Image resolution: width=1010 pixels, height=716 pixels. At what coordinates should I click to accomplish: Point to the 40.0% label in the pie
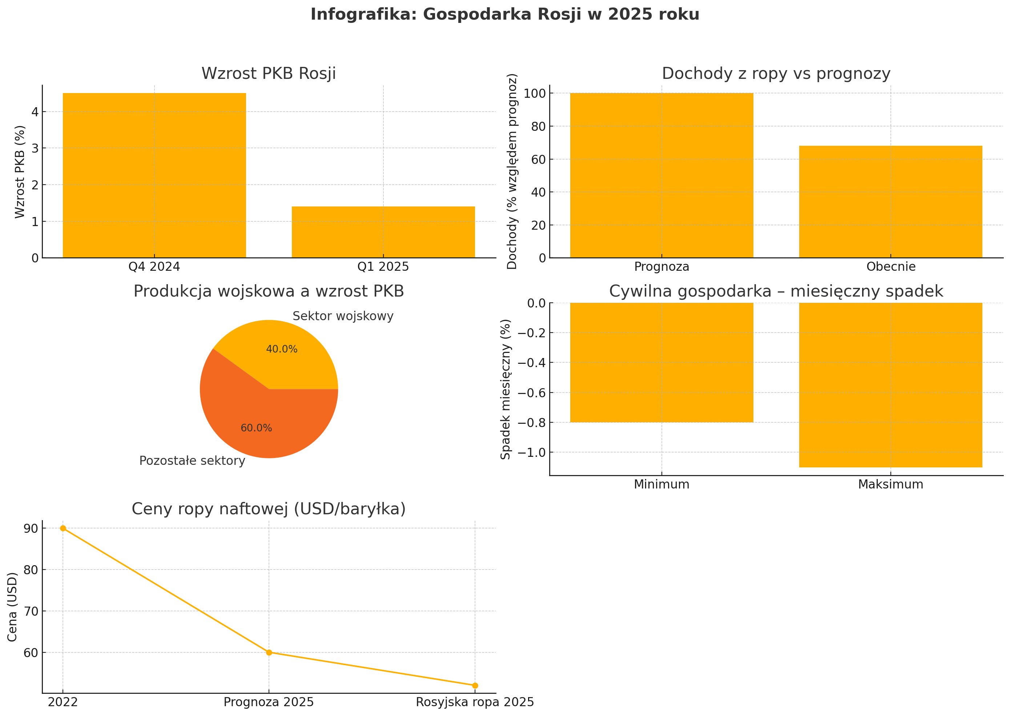pos(282,349)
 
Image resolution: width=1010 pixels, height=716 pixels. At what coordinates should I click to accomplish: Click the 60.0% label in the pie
pos(256,428)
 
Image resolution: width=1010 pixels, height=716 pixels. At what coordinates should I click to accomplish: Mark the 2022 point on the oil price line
pos(63,528)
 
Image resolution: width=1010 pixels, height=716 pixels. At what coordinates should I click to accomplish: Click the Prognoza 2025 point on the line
pos(269,652)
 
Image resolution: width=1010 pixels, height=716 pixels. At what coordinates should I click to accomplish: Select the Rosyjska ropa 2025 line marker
pos(475,685)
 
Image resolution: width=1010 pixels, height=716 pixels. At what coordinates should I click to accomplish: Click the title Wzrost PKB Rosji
pos(269,74)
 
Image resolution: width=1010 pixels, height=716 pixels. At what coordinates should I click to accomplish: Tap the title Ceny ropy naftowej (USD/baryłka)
pos(269,509)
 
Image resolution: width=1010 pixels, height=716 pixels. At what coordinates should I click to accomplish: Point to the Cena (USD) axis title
pos(12,607)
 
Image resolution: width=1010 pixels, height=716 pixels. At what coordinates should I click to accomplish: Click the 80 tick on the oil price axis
pos(31,570)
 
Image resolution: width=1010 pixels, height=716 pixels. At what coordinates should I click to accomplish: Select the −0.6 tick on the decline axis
pos(531,393)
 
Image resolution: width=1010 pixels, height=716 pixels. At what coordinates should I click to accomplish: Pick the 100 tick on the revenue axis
pos(534,93)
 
